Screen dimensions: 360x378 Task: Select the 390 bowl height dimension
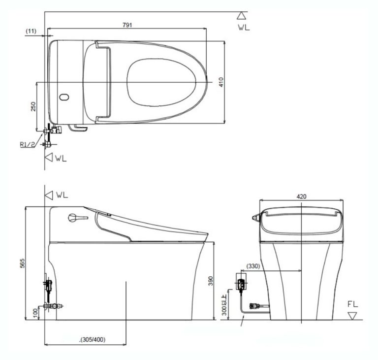click(211, 281)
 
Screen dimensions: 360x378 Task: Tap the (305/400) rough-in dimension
click(93, 339)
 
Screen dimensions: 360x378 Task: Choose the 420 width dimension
click(301, 196)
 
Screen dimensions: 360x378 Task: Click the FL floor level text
click(352, 304)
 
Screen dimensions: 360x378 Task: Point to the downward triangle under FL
click(351, 315)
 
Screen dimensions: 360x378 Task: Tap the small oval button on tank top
click(63, 97)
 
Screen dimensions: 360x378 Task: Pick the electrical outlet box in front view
click(242, 284)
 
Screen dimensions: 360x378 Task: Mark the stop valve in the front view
click(255, 307)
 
